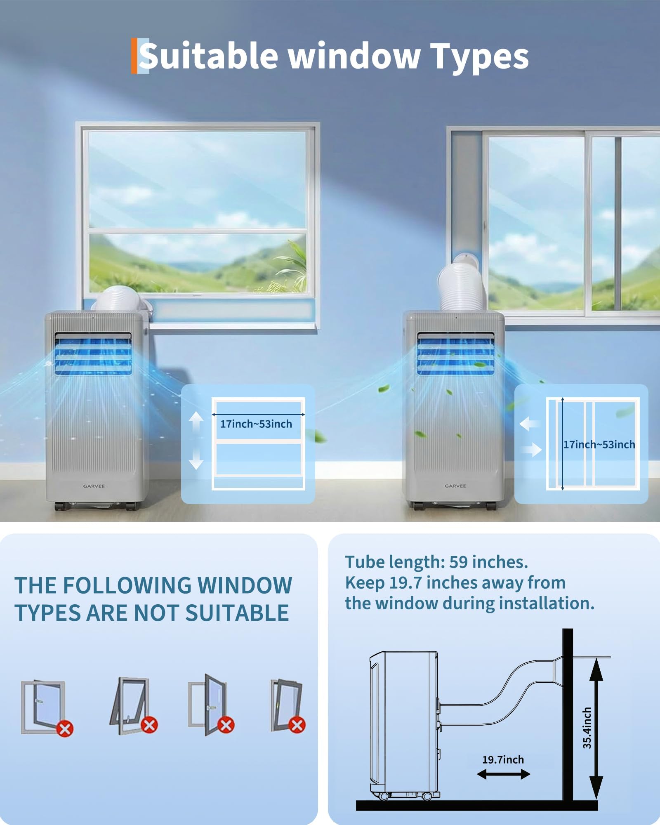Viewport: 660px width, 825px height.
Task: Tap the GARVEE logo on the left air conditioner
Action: [94, 486]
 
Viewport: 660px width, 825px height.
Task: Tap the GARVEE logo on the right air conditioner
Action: [455, 486]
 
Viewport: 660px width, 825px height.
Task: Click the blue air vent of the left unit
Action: [93, 354]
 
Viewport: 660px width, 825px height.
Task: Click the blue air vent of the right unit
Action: [455, 354]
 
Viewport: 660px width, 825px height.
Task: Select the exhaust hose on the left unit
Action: [120, 298]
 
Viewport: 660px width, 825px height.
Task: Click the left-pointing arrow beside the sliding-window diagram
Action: [530, 424]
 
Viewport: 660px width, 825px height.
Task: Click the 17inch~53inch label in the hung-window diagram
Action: [256, 424]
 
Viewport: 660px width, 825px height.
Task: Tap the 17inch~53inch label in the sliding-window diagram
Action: [599, 445]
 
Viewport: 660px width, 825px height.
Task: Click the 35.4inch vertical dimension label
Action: [587, 728]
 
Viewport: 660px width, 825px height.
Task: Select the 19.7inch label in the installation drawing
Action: [503, 760]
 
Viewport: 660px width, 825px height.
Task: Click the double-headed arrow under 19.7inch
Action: [503, 775]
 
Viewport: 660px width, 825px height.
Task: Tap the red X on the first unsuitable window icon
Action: [65, 728]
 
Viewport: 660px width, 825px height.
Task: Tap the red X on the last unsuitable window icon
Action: [297, 725]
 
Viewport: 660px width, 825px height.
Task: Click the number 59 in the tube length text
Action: [458, 562]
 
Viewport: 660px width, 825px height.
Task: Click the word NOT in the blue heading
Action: [157, 613]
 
